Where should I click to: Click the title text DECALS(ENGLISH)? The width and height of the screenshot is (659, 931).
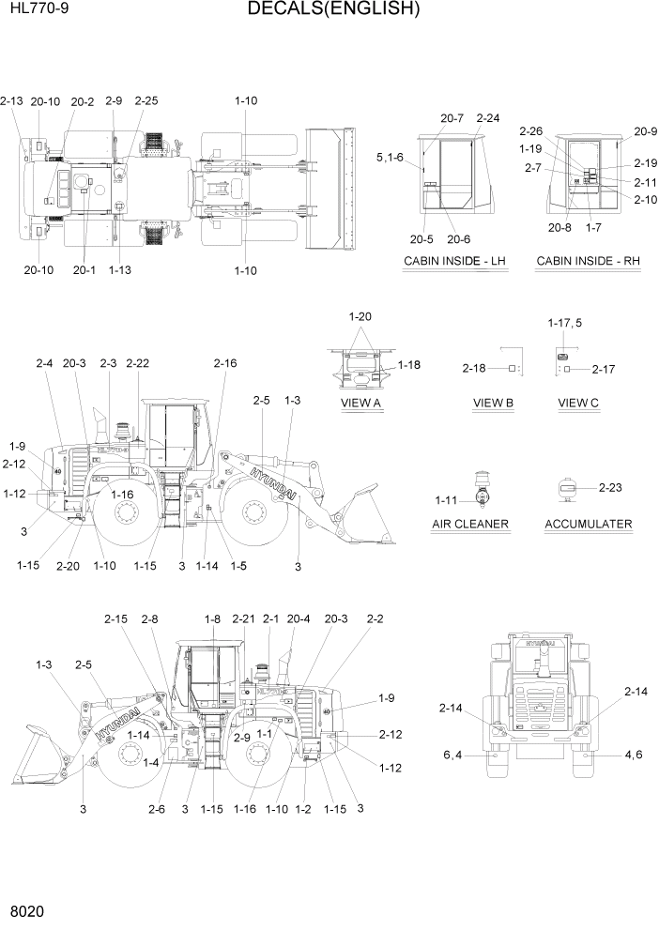[x=333, y=10]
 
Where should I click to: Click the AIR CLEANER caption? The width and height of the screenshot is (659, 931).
[x=470, y=523]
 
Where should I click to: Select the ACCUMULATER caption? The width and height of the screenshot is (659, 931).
[x=588, y=523]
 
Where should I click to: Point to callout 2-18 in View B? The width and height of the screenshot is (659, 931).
[x=475, y=369]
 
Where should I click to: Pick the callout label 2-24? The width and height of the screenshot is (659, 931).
[x=488, y=118]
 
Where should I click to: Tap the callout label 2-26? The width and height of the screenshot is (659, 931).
[x=530, y=131]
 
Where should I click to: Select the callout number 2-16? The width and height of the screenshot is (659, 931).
[x=225, y=363]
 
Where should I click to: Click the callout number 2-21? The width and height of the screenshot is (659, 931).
[x=243, y=618]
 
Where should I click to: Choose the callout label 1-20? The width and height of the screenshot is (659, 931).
[x=360, y=317]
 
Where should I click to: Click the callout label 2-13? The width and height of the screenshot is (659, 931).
[x=12, y=100]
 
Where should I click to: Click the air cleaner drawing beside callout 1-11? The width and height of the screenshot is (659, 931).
[x=483, y=489]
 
